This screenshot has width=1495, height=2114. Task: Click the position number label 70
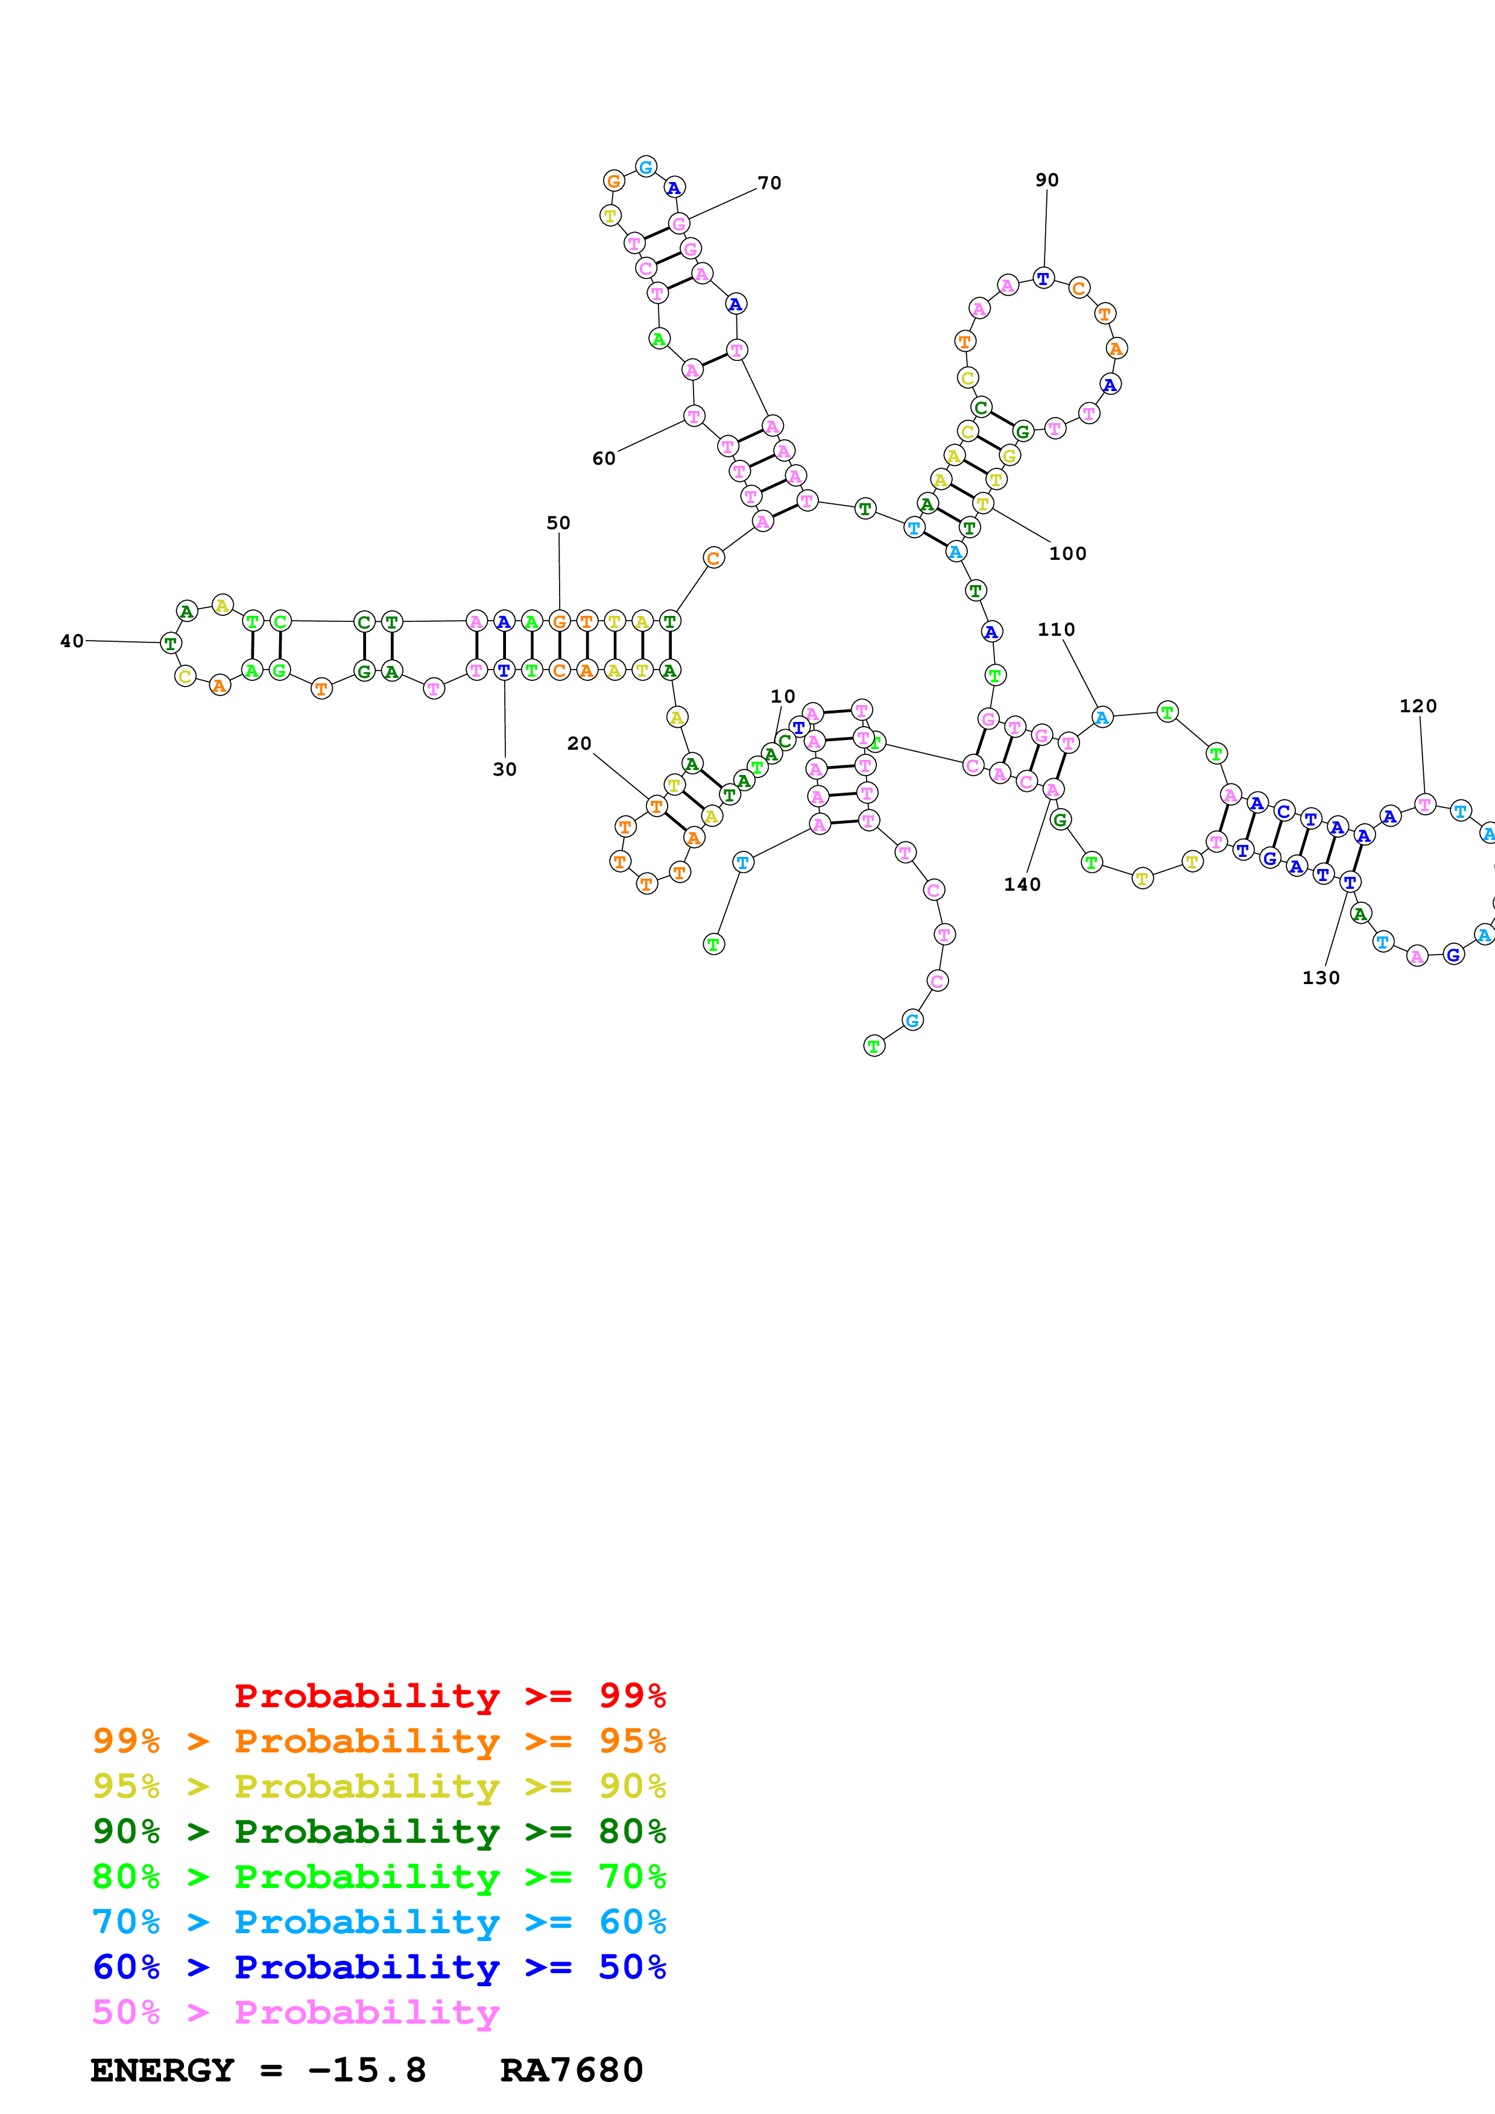point(769,183)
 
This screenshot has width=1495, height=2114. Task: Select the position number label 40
point(72,641)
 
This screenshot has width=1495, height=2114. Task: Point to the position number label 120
point(1418,706)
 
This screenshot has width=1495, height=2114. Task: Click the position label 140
point(1022,885)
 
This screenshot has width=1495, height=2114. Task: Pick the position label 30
point(505,770)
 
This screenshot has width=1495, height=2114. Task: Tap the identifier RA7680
point(571,2071)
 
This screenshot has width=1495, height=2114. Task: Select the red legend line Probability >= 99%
point(449,1696)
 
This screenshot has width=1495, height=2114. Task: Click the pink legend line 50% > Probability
point(296,2013)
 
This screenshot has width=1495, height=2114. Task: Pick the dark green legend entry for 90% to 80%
point(379,1832)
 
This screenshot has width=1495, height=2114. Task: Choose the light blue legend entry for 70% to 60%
point(379,1922)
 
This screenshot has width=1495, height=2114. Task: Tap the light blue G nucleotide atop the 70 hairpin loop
point(646,167)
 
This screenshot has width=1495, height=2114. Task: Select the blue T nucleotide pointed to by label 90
point(1043,277)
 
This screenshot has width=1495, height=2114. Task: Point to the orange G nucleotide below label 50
point(559,621)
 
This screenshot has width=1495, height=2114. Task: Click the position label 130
point(1320,978)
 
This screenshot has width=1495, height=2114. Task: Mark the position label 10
point(782,697)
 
